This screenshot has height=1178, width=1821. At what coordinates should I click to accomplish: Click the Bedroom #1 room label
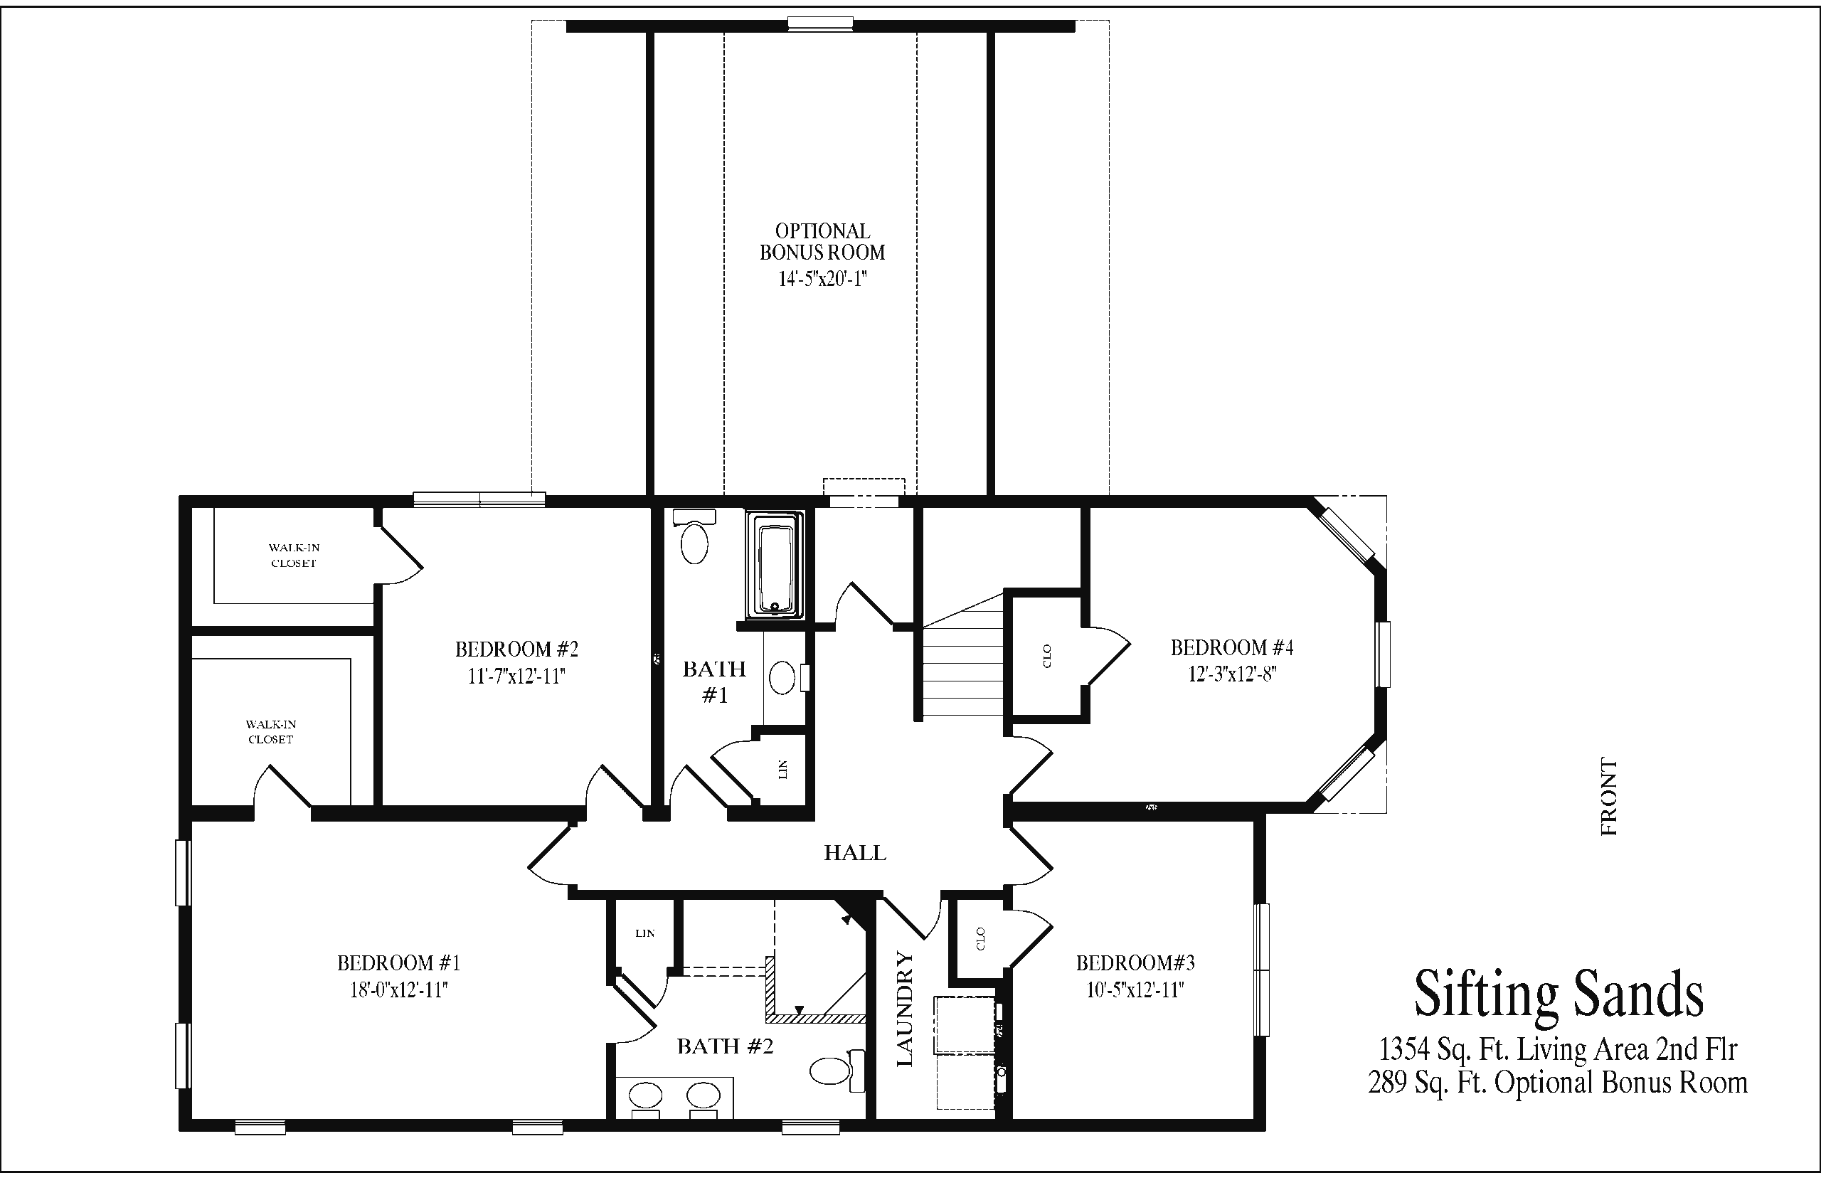pyautogui.click(x=398, y=962)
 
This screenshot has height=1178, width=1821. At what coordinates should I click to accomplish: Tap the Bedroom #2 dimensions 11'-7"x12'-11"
pyautogui.click(x=517, y=676)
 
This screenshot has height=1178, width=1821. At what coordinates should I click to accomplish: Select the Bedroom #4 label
pyautogui.click(x=1232, y=648)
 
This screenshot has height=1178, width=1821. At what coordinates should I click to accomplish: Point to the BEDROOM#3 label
pyautogui.click(x=1136, y=962)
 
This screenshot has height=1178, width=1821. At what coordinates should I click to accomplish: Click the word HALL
pyautogui.click(x=855, y=853)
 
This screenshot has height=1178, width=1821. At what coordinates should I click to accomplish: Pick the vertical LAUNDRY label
pyautogui.click(x=905, y=1009)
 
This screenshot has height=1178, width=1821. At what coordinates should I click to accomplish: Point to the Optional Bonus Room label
pyautogui.click(x=822, y=242)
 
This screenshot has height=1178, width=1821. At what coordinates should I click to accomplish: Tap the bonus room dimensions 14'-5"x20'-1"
pyautogui.click(x=822, y=278)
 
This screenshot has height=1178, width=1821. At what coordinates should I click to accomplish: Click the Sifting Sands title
pyautogui.click(x=1559, y=994)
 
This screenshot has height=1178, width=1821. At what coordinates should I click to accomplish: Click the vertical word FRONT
pyautogui.click(x=1609, y=796)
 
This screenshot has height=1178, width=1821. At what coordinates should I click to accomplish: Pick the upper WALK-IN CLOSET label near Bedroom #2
pyautogui.click(x=294, y=556)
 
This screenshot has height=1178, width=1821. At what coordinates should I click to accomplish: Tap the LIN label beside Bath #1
pyautogui.click(x=782, y=770)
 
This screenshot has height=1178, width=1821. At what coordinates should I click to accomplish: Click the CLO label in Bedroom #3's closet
pyautogui.click(x=981, y=938)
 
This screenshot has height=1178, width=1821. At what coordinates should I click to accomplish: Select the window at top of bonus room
pyautogui.click(x=821, y=23)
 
